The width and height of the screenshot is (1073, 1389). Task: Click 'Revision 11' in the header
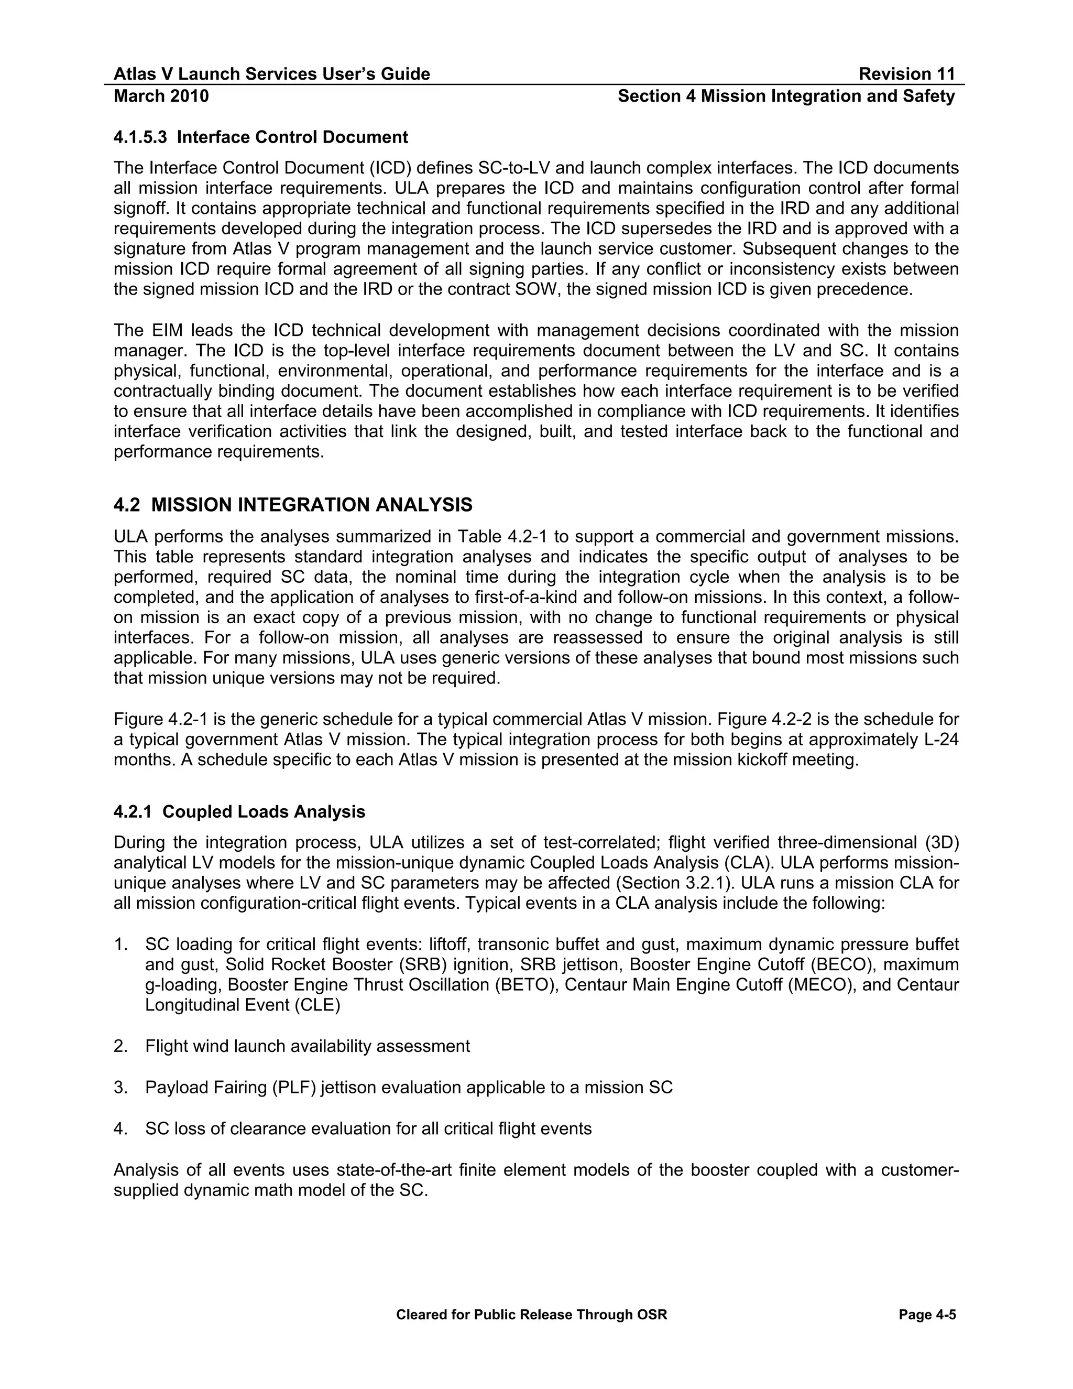(x=906, y=74)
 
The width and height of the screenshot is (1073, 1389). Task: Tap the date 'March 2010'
(x=161, y=96)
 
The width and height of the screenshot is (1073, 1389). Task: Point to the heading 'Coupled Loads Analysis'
(x=264, y=811)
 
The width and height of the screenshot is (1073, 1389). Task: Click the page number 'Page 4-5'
(x=927, y=1315)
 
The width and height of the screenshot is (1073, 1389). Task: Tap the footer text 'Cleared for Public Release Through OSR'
(x=531, y=1315)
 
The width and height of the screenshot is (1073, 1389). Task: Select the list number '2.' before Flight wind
(x=121, y=1046)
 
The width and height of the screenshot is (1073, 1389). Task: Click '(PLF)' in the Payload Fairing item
(x=294, y=1088)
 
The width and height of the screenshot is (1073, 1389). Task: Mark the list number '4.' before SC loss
(x=121, y=1129)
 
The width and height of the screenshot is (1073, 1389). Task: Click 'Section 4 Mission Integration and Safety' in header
(x=786, y=96)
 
